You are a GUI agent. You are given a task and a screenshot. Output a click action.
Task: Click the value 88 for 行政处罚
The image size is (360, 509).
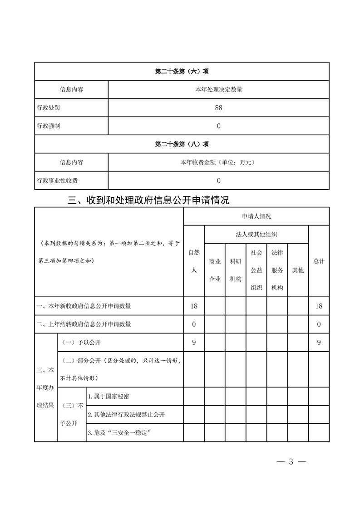coord(218,108)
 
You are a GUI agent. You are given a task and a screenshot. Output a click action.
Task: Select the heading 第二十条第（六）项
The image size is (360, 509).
coord(182,71)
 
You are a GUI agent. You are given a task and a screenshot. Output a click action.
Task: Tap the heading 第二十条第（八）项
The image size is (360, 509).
coord(182,144)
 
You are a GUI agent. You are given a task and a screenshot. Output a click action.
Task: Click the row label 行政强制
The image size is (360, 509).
coord(48,126)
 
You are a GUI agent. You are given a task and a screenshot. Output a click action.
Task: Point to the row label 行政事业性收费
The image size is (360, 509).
coord(57,181)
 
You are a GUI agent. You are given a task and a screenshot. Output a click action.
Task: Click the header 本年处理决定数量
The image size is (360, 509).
coord(218,89)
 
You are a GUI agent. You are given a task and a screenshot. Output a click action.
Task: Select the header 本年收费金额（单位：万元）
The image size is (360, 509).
coord(218,162)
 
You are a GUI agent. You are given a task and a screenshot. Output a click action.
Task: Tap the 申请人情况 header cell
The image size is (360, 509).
coord(256,216)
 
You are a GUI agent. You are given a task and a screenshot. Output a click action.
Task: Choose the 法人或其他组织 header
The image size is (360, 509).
coord(256,234)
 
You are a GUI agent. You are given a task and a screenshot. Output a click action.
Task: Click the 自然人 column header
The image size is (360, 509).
coord(194,261)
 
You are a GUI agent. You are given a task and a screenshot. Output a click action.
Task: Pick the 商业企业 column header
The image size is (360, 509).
coord(215,270)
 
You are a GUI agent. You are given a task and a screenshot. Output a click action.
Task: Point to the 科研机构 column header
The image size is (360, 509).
coord(235,270)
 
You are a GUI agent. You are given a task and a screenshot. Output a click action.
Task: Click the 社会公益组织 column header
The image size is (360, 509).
coord(256,270)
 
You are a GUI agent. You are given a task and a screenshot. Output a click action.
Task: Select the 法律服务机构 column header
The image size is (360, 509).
coord(277,270)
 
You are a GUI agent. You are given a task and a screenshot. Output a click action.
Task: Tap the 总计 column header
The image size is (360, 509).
coord(319,261)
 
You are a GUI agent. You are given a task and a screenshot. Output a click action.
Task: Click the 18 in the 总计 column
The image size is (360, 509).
coord(319,306)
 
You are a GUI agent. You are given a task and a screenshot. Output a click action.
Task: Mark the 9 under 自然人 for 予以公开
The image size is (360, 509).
coord(194,343)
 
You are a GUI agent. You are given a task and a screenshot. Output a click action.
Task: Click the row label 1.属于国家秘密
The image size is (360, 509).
coord(109,396)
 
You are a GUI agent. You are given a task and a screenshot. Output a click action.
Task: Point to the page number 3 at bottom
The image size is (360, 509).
coord(291,462)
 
